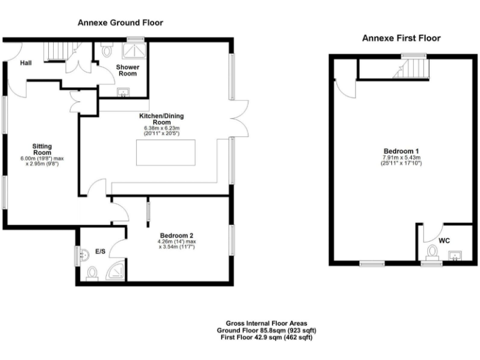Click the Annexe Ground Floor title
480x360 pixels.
pos(120,22)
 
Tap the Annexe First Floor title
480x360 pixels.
pos(401,38)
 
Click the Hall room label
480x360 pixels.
pos(26,63)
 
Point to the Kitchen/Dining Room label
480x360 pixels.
pos(162,119)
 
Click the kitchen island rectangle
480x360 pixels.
pos(165,153)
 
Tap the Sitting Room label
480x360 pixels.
pos(42,149)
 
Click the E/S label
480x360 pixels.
pos(100,251)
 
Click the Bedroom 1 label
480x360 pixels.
pos(401,152)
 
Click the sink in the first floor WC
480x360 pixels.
pos(456,254)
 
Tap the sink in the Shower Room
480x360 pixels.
pos(123,93)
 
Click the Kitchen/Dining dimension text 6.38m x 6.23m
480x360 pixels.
pos(162,128)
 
